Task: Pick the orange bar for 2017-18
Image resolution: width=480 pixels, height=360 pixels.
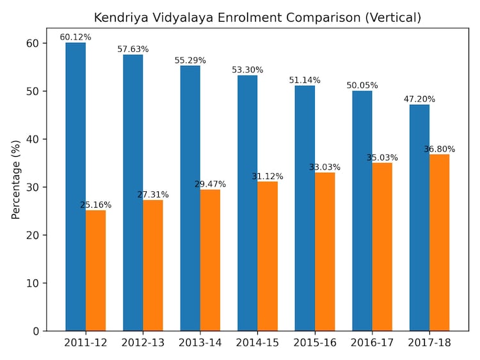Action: (x=440, y=242)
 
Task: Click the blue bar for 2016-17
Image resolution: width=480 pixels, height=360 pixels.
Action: (x=362, y=211)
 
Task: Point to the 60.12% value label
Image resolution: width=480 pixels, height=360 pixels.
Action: (x=76, y=37)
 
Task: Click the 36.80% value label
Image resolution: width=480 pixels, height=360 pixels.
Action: (x=440, y=149)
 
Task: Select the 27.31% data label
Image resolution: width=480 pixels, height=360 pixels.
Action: (x=153, y=194)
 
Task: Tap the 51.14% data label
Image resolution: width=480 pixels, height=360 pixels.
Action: (x=305, y=80)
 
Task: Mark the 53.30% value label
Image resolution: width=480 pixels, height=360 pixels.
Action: (x=248, y=70)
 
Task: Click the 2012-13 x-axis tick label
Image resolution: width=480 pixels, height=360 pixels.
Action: (x=143, y=343)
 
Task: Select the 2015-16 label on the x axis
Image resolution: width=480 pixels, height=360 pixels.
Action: (x=315, y=343)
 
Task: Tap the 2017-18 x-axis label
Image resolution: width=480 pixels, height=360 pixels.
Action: (x=429, y=343)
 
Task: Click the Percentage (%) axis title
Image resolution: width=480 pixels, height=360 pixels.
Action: (x=16, y=180)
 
